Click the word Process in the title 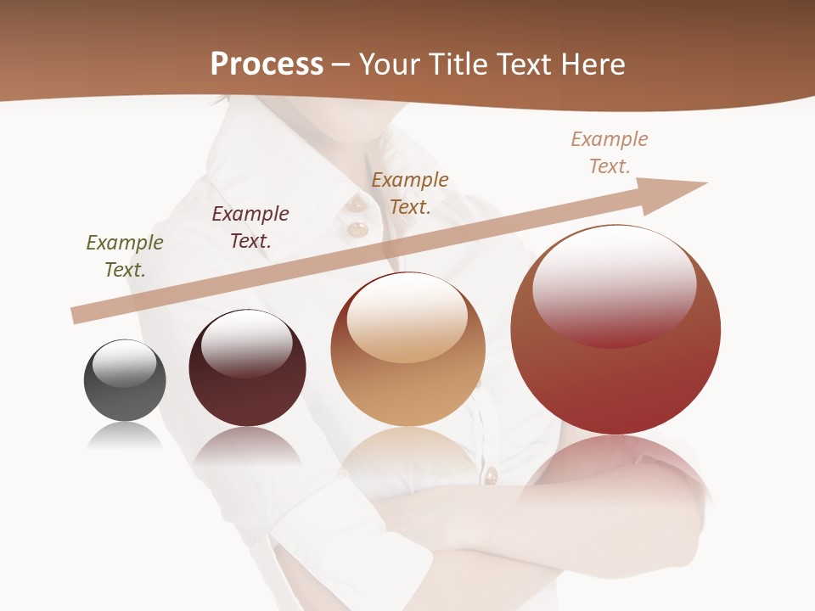click(x=267, y=64)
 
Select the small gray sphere click(x=125, y=381)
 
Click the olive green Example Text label click(x=125, y=256)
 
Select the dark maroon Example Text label click(x=250, y=227)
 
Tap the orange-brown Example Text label click(x=410, y=193)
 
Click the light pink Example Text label click(x=610, y=153)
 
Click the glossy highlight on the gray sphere click(x=125, y=363)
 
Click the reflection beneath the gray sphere click(x=125, y=436)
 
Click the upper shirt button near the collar click(x=356, y=204)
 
